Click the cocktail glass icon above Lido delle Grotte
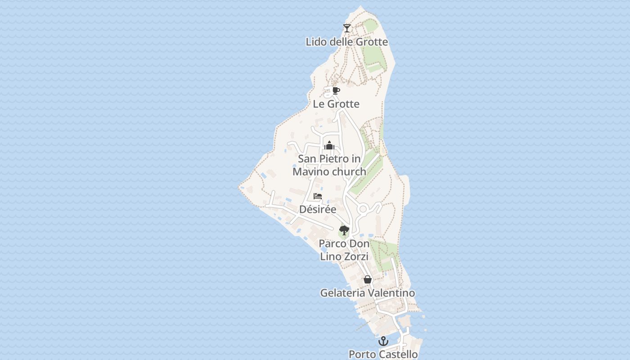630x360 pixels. [346, 28]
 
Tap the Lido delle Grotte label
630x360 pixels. [346, 42]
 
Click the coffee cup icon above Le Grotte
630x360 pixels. [336, 90]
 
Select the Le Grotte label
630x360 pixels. [336, 104]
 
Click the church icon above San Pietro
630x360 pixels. [329, 145]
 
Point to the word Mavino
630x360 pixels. [310, 171]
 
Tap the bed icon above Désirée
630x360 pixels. [318, 196]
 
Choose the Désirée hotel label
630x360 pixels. [318, 209]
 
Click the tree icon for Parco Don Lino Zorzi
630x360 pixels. [344, 230]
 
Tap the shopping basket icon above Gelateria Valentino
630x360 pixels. [368, 279]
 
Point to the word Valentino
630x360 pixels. [391, 293]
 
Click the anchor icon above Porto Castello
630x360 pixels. [383, 341]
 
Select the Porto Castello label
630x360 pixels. [383, 355]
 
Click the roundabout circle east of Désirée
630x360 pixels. [363, 209]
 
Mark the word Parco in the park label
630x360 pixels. [333, 244]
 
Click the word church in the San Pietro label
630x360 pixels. [349, 171]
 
